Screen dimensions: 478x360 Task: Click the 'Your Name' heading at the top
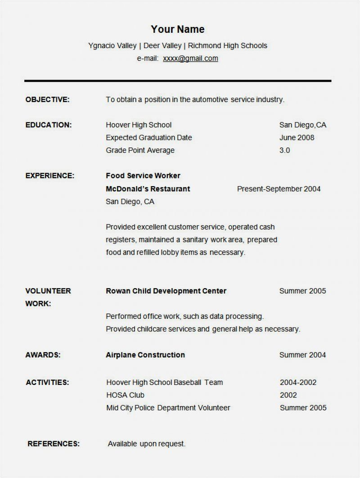pos(177,30)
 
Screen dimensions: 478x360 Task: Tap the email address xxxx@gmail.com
pos(190,58)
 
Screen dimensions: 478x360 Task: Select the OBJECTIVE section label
pos(47,99)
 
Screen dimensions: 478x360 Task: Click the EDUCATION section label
pos(49,125)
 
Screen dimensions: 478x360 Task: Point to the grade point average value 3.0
pos(284,150)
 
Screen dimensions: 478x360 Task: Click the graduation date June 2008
pos(297,138)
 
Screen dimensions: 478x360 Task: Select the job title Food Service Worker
pos(143,175)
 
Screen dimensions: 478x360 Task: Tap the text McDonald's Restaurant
pos(148,189)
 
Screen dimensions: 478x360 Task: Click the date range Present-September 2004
pos(279,189)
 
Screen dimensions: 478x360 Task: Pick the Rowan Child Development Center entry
pos(166,291)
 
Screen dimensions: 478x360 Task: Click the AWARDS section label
pos(43,355)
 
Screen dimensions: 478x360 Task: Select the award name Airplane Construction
pos(145,355)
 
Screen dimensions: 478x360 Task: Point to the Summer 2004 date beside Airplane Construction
pos(302,355)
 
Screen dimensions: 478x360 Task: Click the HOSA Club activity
pos(125,395)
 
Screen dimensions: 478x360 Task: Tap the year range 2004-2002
pos(298,383)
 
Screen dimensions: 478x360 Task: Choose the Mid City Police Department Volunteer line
pos(168,408)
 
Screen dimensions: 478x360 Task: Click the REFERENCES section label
pos(54,444)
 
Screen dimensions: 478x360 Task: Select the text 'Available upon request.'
pos(146,444)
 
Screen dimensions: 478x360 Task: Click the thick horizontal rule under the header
pos(178,80)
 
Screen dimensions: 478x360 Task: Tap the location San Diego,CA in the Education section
pos(302,125)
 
